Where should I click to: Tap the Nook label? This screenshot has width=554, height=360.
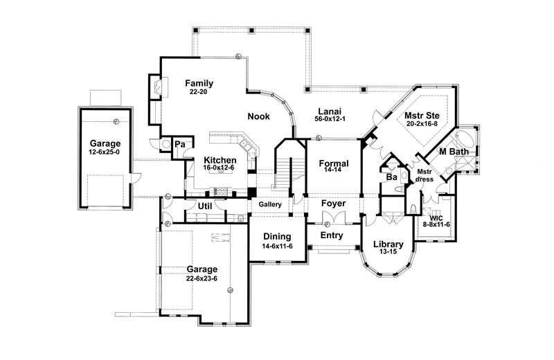259,116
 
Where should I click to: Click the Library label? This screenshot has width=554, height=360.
388,244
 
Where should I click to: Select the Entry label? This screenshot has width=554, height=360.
331,235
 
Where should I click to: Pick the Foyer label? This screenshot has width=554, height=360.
333,204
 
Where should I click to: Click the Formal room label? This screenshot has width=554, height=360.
333,163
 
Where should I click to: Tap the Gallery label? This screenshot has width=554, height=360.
270,206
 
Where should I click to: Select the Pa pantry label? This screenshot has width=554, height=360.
179,144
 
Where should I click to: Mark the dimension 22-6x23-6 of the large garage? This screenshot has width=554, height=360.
202,278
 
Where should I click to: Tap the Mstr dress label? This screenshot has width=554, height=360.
425,175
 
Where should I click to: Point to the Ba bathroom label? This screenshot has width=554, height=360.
391,177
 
